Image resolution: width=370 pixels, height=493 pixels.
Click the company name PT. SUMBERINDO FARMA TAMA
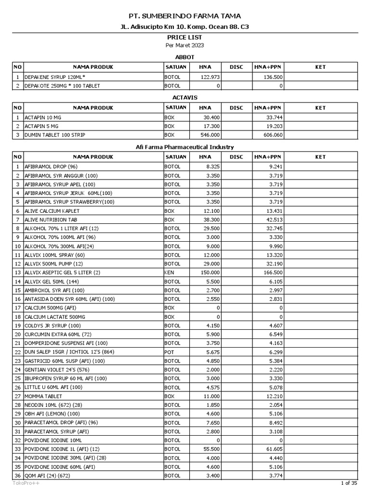tap(185, 16)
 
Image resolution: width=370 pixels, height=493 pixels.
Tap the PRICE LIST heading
tap(185, 37)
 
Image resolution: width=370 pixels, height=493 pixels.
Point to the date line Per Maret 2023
tap(185, 45)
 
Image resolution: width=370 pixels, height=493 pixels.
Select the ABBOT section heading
tap(185, 57)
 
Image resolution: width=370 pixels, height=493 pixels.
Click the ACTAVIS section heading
tap(185, 98)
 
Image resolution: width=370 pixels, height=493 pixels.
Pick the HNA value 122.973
tap(210, 77)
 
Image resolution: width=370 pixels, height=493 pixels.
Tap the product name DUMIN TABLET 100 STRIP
tap(55, 135)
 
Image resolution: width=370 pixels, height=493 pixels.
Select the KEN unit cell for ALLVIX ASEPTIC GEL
tap(169, 272)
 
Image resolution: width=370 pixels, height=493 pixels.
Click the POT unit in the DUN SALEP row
tap(169, 352)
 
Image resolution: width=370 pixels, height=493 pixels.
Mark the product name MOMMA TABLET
tap(43, 396)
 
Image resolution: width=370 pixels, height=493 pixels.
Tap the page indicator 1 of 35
tap(349, 483)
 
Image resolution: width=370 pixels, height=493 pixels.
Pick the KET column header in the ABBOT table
tap(320, 67)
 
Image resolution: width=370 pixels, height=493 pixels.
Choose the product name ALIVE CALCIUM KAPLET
tap(52, 211)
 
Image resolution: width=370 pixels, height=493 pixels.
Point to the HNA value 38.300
tap(211, 220)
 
